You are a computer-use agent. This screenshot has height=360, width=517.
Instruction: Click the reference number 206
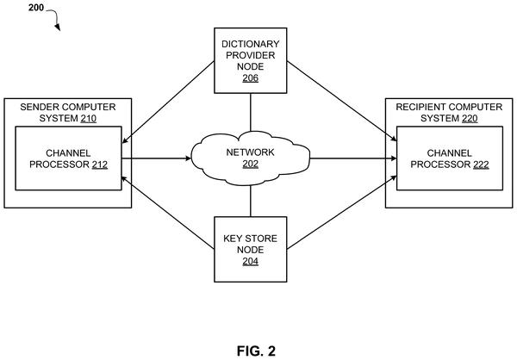coord(250,78)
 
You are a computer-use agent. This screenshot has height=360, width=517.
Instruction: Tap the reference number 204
coord(250,261)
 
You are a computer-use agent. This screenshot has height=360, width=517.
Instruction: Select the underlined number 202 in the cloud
coord(250,164)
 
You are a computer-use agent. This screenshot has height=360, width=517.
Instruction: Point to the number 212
coord(100,164)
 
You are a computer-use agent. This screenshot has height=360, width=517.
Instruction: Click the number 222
coord(481,164)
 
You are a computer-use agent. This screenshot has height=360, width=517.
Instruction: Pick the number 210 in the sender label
coord(89,118)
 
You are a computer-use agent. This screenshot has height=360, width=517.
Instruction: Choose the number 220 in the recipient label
coord(470,118)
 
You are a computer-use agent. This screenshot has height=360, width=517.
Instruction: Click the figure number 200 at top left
coord(36,7)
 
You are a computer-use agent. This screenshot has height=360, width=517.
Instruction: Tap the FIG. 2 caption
coord(256,351)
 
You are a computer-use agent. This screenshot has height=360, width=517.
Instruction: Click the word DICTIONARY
coord(250,44)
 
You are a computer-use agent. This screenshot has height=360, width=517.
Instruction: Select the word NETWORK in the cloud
coord(250,152)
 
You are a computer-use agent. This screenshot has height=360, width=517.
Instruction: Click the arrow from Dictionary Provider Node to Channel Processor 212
coord(168,102)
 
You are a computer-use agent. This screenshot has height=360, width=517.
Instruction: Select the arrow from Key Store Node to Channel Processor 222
coord(342,213)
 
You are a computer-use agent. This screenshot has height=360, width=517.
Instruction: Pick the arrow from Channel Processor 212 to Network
coord(157,158)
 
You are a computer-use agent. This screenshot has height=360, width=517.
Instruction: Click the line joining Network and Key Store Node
coord(251,201)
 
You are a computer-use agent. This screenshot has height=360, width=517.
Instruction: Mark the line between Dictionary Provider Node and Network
coord(251,112)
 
